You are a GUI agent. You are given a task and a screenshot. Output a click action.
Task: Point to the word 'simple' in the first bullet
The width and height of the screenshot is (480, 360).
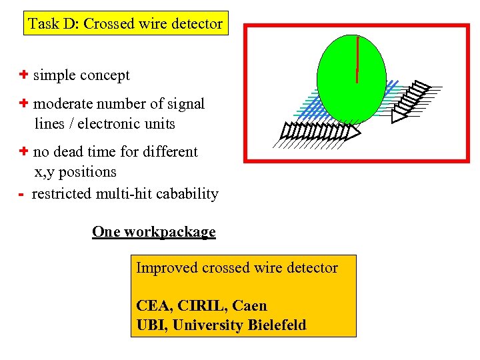click(54, 75)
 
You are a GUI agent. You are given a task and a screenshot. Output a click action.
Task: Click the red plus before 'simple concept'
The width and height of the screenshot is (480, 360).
click(23, 75)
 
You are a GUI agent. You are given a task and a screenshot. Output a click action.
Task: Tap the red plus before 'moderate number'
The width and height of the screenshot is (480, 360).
click(23, 103)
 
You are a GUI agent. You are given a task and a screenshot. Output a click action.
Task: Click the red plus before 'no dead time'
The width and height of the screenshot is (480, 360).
click(23, 151)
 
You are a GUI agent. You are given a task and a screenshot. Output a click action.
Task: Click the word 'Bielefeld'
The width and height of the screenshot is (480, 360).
click(277, 325)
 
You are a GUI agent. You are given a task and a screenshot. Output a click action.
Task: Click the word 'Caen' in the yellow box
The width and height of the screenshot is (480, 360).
click(250, 306)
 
